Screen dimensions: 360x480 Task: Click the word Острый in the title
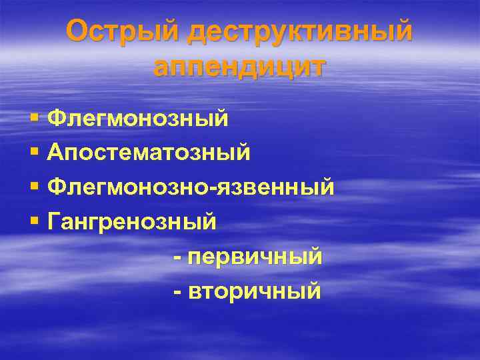[x=123, y=33]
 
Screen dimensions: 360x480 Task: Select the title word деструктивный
[x=300, y=33]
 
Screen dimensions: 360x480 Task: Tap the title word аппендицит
[x=240, y=67]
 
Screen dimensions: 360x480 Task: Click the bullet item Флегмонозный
[x=138, y=119]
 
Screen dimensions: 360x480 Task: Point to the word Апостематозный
[x=149, y=153]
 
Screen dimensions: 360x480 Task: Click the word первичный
[x=256, y=256]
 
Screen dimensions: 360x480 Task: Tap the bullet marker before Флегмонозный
[x=34, y=119]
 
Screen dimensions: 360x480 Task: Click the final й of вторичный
[x=313, y=291]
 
